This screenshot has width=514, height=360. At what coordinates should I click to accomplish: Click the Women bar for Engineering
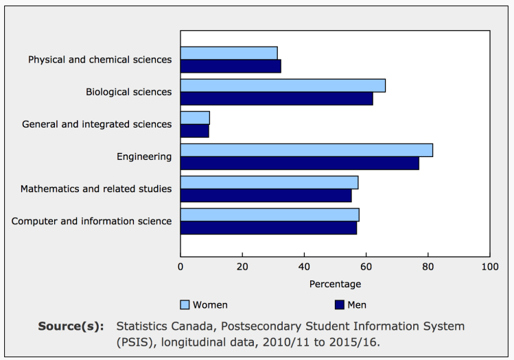pyautogui.click(x=306, y=150)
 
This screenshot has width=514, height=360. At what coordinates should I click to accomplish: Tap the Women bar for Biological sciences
pyautogui.click(x=283, y=85)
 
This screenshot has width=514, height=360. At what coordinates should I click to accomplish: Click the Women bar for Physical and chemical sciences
pyautogui.click(x=229, y=53)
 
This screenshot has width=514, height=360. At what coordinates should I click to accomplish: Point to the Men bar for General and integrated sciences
pyautogui.click(x=194, y=131)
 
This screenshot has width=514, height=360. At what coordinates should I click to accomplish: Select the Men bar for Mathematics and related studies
pyautogui.click(x=266, y=195)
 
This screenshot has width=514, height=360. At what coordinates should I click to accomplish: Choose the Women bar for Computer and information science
pyautogui.click(x=270, y=215)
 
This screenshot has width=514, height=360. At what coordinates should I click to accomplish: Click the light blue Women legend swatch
pyautogui.click(x=185, y=304)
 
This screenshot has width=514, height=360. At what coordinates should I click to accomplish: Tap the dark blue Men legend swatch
pyautogui.click(x=339, y=304)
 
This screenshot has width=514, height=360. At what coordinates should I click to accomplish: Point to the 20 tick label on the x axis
pyautogui.click(x=242, y=267)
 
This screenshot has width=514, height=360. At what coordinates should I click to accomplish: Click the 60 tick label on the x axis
pyautogui.click(x=366, y=267)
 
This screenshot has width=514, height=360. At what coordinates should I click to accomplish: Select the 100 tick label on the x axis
pyautogui.click(x=489, y=267)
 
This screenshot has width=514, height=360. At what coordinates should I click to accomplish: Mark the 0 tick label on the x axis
pyautogui.click(x=180, y=267)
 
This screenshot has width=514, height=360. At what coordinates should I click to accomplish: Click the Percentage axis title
pyautogui.click(x=335, y=284)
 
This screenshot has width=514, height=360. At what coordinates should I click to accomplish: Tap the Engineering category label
pyautogui.click(x=144, y=156)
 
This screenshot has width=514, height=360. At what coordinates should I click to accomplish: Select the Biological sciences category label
pyautogui.click(x=128, y=92)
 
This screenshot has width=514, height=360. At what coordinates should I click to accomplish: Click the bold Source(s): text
pyautogui.click(x=71, y=326)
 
